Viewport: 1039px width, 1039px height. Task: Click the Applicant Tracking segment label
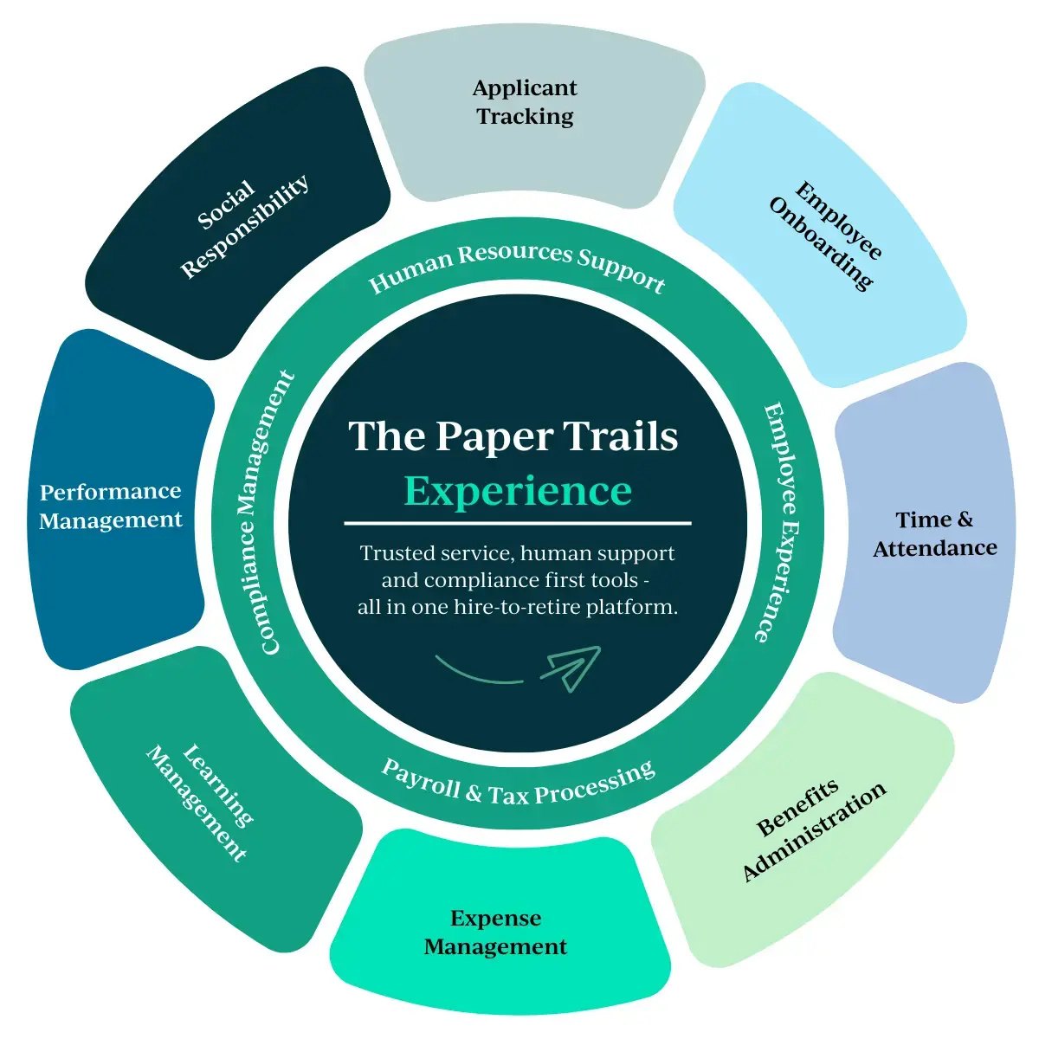click(525, 102)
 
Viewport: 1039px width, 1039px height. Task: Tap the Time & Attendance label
click(934, 533)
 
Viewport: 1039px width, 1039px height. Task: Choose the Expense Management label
click(495, 933)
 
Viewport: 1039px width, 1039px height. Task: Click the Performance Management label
click(111, 506)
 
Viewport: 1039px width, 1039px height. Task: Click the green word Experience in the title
click(518, 491)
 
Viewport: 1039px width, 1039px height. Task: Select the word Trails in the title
click(621, 436)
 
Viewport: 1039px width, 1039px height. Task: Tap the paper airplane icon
click(571, 668)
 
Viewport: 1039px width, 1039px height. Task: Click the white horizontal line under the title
click(518, 524)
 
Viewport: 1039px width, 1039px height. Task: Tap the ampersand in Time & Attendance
click(965, 519)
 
